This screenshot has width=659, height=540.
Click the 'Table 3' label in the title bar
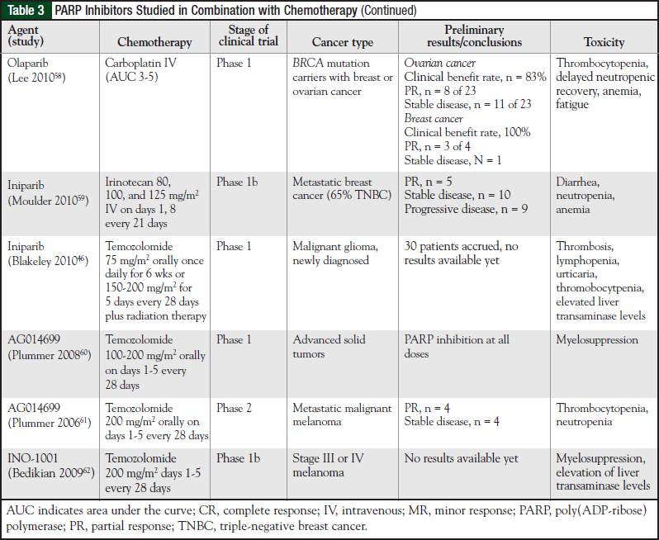26,11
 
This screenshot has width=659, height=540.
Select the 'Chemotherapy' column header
154,42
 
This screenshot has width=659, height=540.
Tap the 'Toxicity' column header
604,42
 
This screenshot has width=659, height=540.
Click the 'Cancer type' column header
342,42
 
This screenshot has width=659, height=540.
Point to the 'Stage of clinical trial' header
247,36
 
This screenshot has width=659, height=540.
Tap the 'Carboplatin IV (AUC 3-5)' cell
143,70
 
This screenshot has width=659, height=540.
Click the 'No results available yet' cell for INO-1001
461,459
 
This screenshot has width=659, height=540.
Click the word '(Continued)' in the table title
387,11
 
